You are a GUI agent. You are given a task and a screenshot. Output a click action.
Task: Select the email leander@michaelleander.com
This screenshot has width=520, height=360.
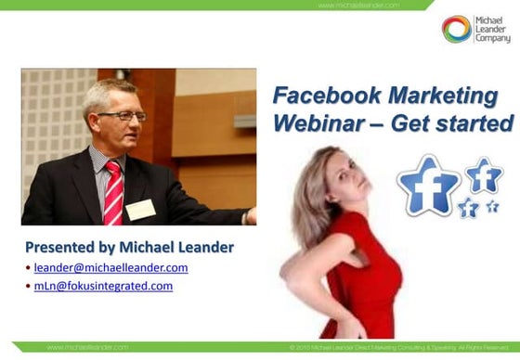pyautogui.click(x=110, y=267)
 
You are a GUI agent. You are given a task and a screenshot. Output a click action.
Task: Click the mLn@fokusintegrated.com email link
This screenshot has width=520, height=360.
pyautogui.click(x=103, y=286)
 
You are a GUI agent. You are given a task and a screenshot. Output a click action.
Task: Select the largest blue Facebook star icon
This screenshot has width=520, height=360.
pyautogui.click(x=428, y=184)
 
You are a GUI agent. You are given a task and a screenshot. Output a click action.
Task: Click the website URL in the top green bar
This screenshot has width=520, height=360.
pyautogui.click(x=357, y=5)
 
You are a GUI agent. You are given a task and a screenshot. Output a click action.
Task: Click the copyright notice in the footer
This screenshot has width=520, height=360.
pyautogui.click(x=399, y=347)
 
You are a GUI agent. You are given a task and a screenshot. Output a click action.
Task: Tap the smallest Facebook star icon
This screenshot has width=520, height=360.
pyautogui.click(x=492, y=206)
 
